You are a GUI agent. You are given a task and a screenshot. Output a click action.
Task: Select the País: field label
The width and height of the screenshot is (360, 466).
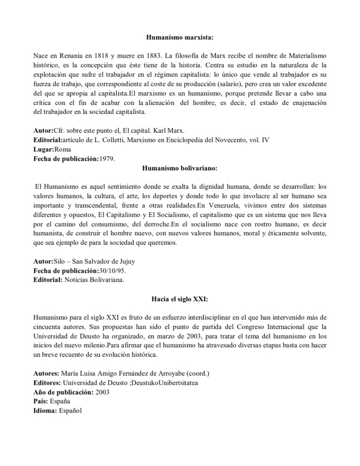(x=44, y=402)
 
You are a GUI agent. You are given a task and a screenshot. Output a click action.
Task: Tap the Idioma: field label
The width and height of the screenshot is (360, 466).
(x=48, y=411)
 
